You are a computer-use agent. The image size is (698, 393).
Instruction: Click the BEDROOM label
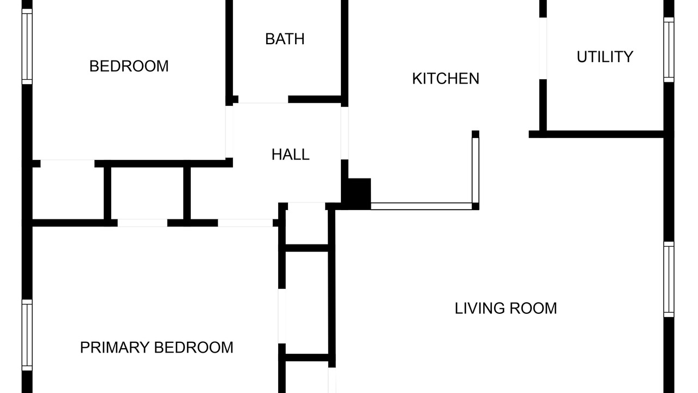click(129, 66)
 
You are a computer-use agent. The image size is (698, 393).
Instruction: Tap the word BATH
click(285, 39)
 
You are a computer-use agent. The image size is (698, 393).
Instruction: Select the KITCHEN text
click(446, 79)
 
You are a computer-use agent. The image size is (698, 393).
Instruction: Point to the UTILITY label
click(605, 57)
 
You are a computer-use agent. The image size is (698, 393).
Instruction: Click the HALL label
click(291, 154)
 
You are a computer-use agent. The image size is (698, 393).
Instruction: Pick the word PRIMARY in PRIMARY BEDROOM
click(115, 348)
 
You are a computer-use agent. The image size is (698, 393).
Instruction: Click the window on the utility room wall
click(669, 50)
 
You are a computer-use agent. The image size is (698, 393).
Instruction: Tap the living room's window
click(669, 279)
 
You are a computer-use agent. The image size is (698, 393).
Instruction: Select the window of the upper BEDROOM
click(27, 46)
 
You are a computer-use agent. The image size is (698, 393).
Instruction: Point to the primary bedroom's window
click(27, 335)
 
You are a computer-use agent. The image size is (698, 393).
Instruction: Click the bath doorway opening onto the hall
click(263, 99)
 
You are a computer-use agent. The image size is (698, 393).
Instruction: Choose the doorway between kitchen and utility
click(543, 49)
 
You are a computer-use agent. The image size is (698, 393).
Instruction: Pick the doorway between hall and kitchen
click(344, 133)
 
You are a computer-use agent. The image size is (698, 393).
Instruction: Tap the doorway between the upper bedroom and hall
click(229, 132)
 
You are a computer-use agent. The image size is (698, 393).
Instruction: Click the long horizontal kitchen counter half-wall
click(422, 206)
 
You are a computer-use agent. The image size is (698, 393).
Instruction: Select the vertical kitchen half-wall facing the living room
click(476, 170)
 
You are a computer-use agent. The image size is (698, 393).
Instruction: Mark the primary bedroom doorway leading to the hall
click(245, 223)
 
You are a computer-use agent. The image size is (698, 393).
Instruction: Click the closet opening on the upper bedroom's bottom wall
click(68, 163)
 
